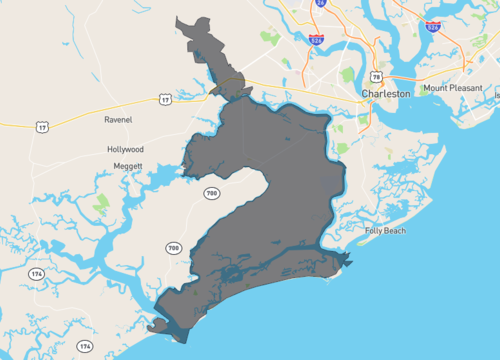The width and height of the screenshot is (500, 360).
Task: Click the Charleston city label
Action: pos(385,93)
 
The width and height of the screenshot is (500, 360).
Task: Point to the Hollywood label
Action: pos(125,149)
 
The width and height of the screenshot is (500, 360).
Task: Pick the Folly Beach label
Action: pos(385,231)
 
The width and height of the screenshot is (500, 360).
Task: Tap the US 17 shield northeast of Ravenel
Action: pos(165,99)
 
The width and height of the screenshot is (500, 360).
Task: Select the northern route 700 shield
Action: pos(210,191)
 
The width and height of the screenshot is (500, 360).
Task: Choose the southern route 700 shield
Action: pos(173,247)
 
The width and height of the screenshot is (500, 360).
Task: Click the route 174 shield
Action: pos(36,272)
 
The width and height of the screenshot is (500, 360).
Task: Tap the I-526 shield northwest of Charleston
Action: pos(316,40)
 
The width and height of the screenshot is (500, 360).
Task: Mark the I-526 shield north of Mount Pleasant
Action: pos(433,24)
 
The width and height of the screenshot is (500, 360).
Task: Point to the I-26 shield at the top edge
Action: pos(321,4)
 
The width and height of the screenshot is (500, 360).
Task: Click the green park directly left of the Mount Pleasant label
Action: pos(412,88)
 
